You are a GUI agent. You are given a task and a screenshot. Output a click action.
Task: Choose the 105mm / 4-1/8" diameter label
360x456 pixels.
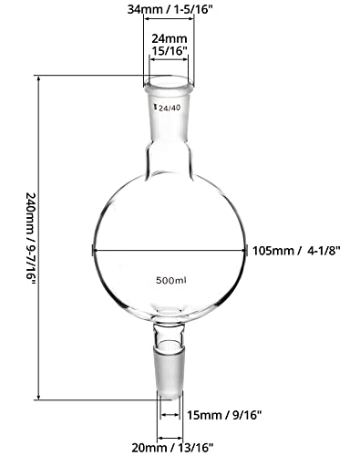click(x=303, y=248)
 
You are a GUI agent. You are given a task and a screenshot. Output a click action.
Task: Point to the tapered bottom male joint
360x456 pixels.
click(x=170, y=360)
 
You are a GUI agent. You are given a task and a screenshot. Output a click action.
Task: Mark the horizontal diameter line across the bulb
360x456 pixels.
click(x=170, y=248)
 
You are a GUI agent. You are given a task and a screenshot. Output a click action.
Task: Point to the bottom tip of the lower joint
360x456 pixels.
click(x=170, y=396)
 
